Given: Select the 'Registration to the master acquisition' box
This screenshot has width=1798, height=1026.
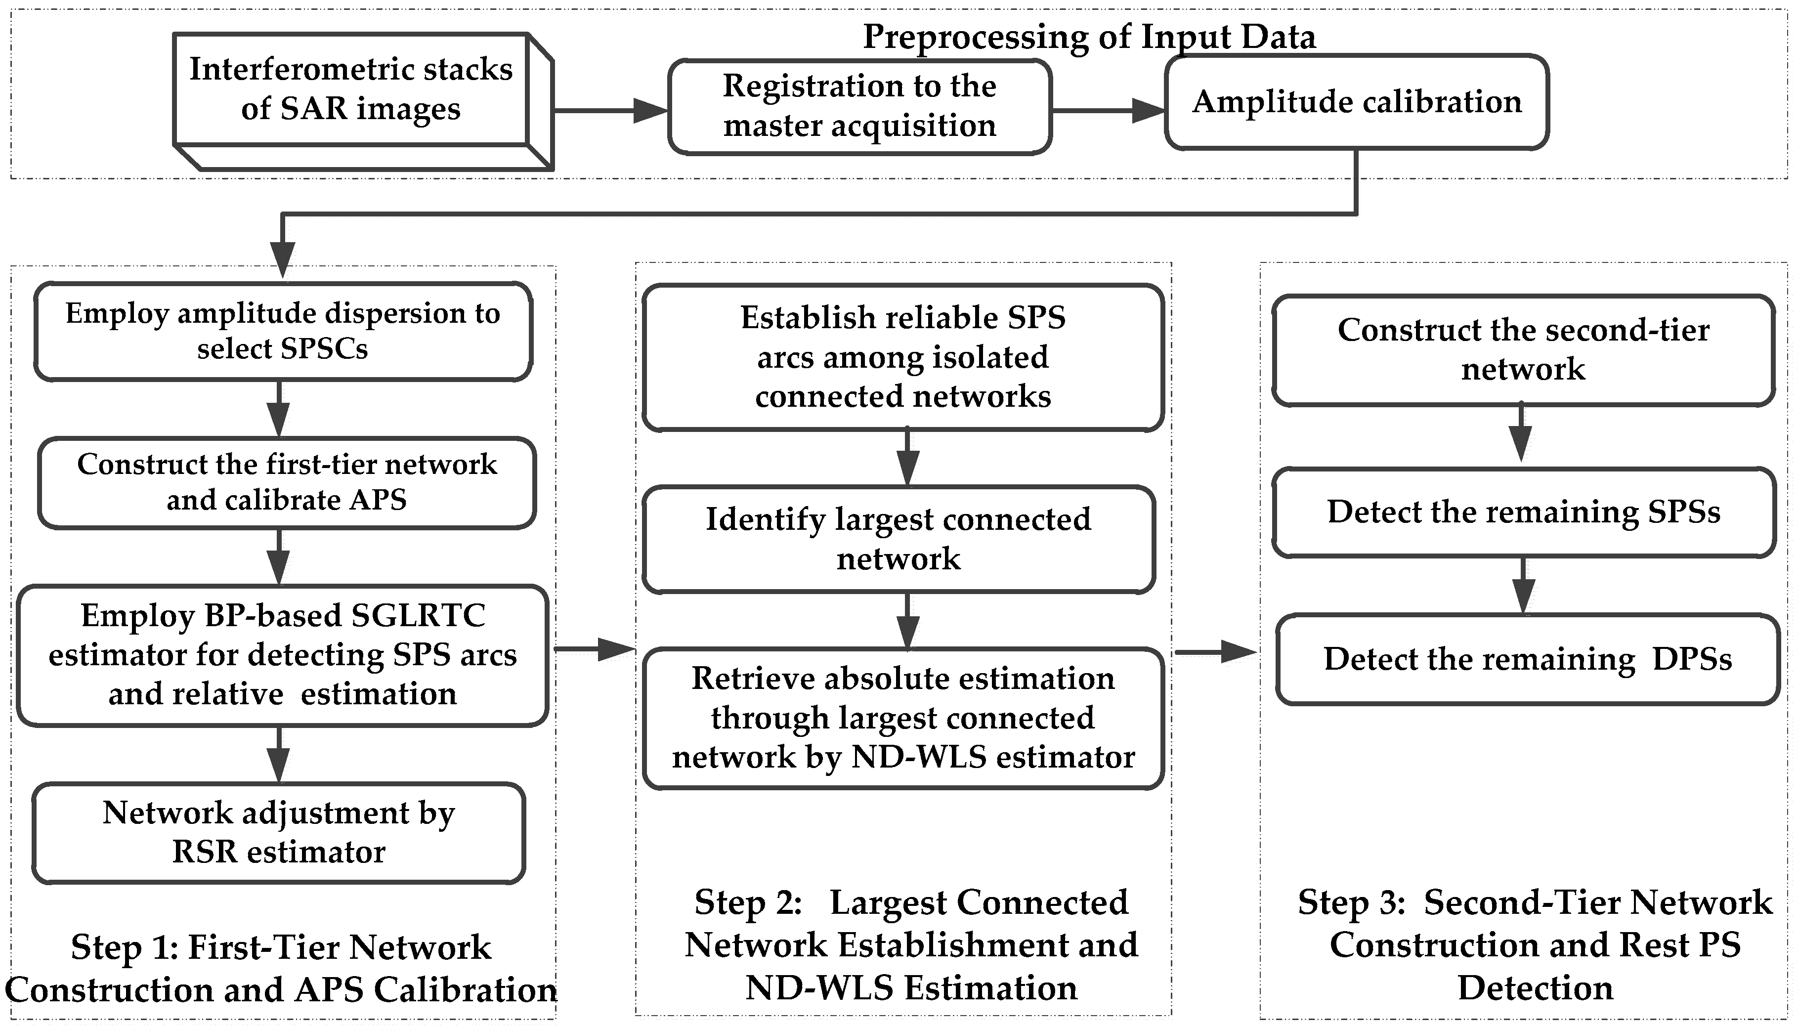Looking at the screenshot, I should click(859, 106).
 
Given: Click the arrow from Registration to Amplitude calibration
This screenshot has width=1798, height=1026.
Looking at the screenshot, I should click(1108, 111).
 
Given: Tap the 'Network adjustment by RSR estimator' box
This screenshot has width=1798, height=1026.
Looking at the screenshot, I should click(279, 832).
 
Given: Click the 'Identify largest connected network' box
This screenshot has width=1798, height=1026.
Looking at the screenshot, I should click(899, 539).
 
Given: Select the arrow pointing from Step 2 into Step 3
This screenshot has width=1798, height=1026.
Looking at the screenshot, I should click(1216, 652).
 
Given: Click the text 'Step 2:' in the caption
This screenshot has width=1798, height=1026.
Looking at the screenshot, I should click(748, 902).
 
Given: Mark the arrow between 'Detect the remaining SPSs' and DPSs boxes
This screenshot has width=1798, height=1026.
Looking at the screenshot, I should click(1523, 586).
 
